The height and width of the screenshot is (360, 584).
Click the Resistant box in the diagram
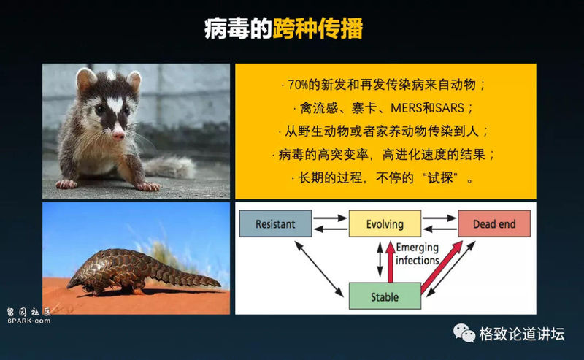tap(275, 223)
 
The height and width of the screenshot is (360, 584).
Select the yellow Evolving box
tap(385, 223)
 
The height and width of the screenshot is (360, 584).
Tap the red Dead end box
tap(494, 223)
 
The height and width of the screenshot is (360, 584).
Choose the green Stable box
tap(385, 296)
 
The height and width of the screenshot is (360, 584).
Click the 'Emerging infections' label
tap(417, 253)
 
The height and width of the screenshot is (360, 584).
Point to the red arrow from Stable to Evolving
tap(391, 262)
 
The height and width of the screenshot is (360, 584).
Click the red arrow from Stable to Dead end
tap(442, 267)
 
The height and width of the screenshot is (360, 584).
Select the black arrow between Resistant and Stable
tap(319, 269)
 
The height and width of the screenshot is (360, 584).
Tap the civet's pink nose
tap(118, 134)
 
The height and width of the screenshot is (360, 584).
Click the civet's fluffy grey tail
tap(170, 166)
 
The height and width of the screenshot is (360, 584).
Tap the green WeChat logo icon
tap(464, 332)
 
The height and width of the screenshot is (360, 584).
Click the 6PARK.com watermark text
tap(28, 321)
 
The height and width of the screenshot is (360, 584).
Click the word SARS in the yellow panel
tap(450, 108)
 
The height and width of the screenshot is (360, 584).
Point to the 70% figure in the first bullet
tap(298, 85)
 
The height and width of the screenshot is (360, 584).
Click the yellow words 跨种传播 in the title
tap(318, 28)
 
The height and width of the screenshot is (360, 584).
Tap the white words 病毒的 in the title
tap(239, 28)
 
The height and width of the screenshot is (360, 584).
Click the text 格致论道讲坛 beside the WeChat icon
tap(522, 334)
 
